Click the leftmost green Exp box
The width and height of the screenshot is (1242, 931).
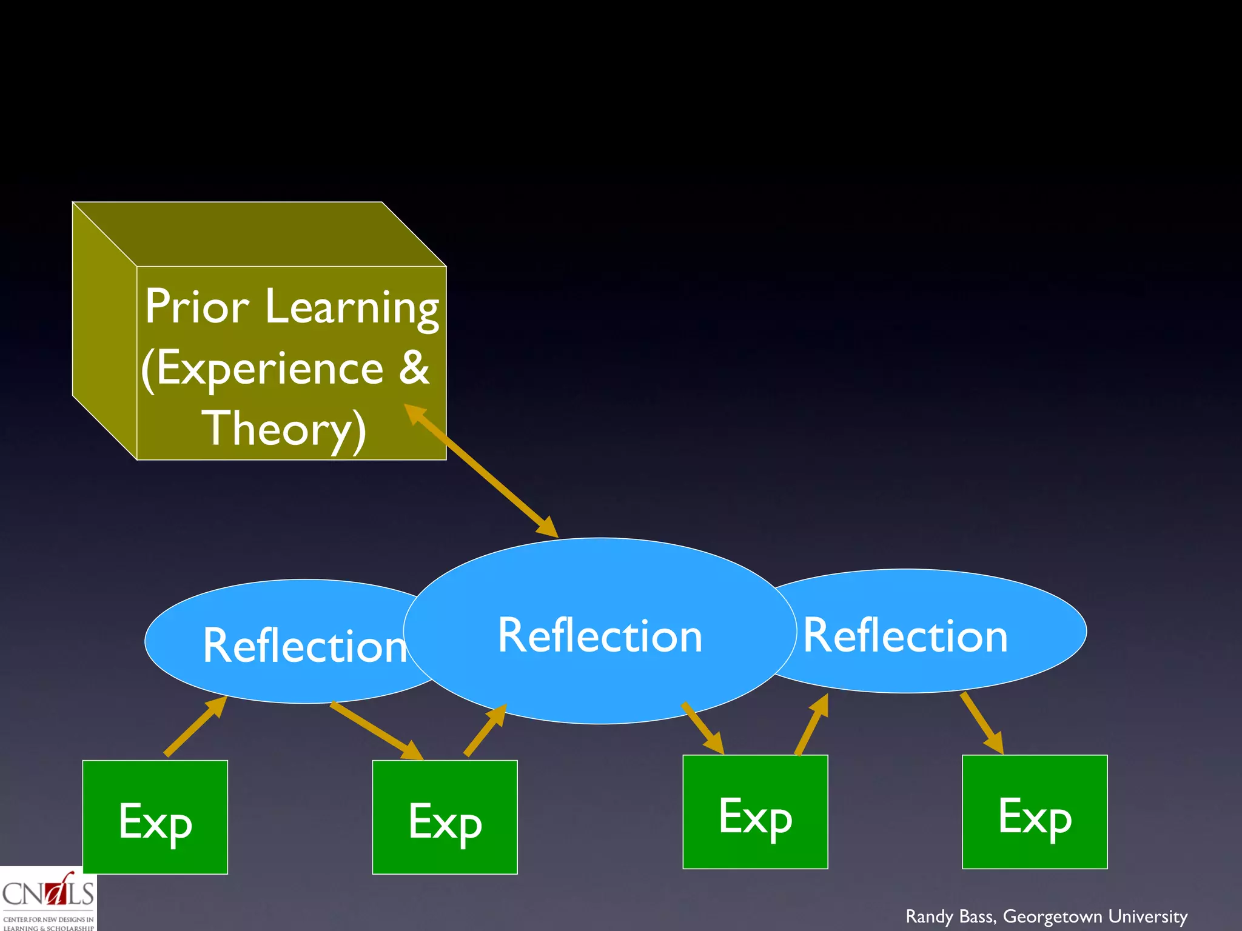(155, 817)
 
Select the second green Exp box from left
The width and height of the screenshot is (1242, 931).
(445, 817)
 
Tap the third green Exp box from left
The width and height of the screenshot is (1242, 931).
(755, 812)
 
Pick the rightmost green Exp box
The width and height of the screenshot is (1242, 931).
(1035, 812)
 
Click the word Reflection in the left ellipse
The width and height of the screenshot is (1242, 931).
(304, 646)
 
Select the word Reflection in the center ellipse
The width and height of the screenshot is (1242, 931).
(600, 636)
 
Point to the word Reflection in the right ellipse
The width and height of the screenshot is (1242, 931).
(905, 636)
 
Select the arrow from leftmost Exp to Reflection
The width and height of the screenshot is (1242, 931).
(195, 726)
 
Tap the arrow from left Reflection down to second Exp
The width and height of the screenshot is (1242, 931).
(376, 730)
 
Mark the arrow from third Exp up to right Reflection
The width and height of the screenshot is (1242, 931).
(811, 725)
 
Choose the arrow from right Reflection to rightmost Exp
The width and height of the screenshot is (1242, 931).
(982, 723)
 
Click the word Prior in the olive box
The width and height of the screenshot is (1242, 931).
(196, 307)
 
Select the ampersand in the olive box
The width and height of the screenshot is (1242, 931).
(414, 367)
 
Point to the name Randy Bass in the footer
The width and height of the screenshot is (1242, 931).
(950, 916)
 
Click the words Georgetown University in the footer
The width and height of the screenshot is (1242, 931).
(1095, 916)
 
